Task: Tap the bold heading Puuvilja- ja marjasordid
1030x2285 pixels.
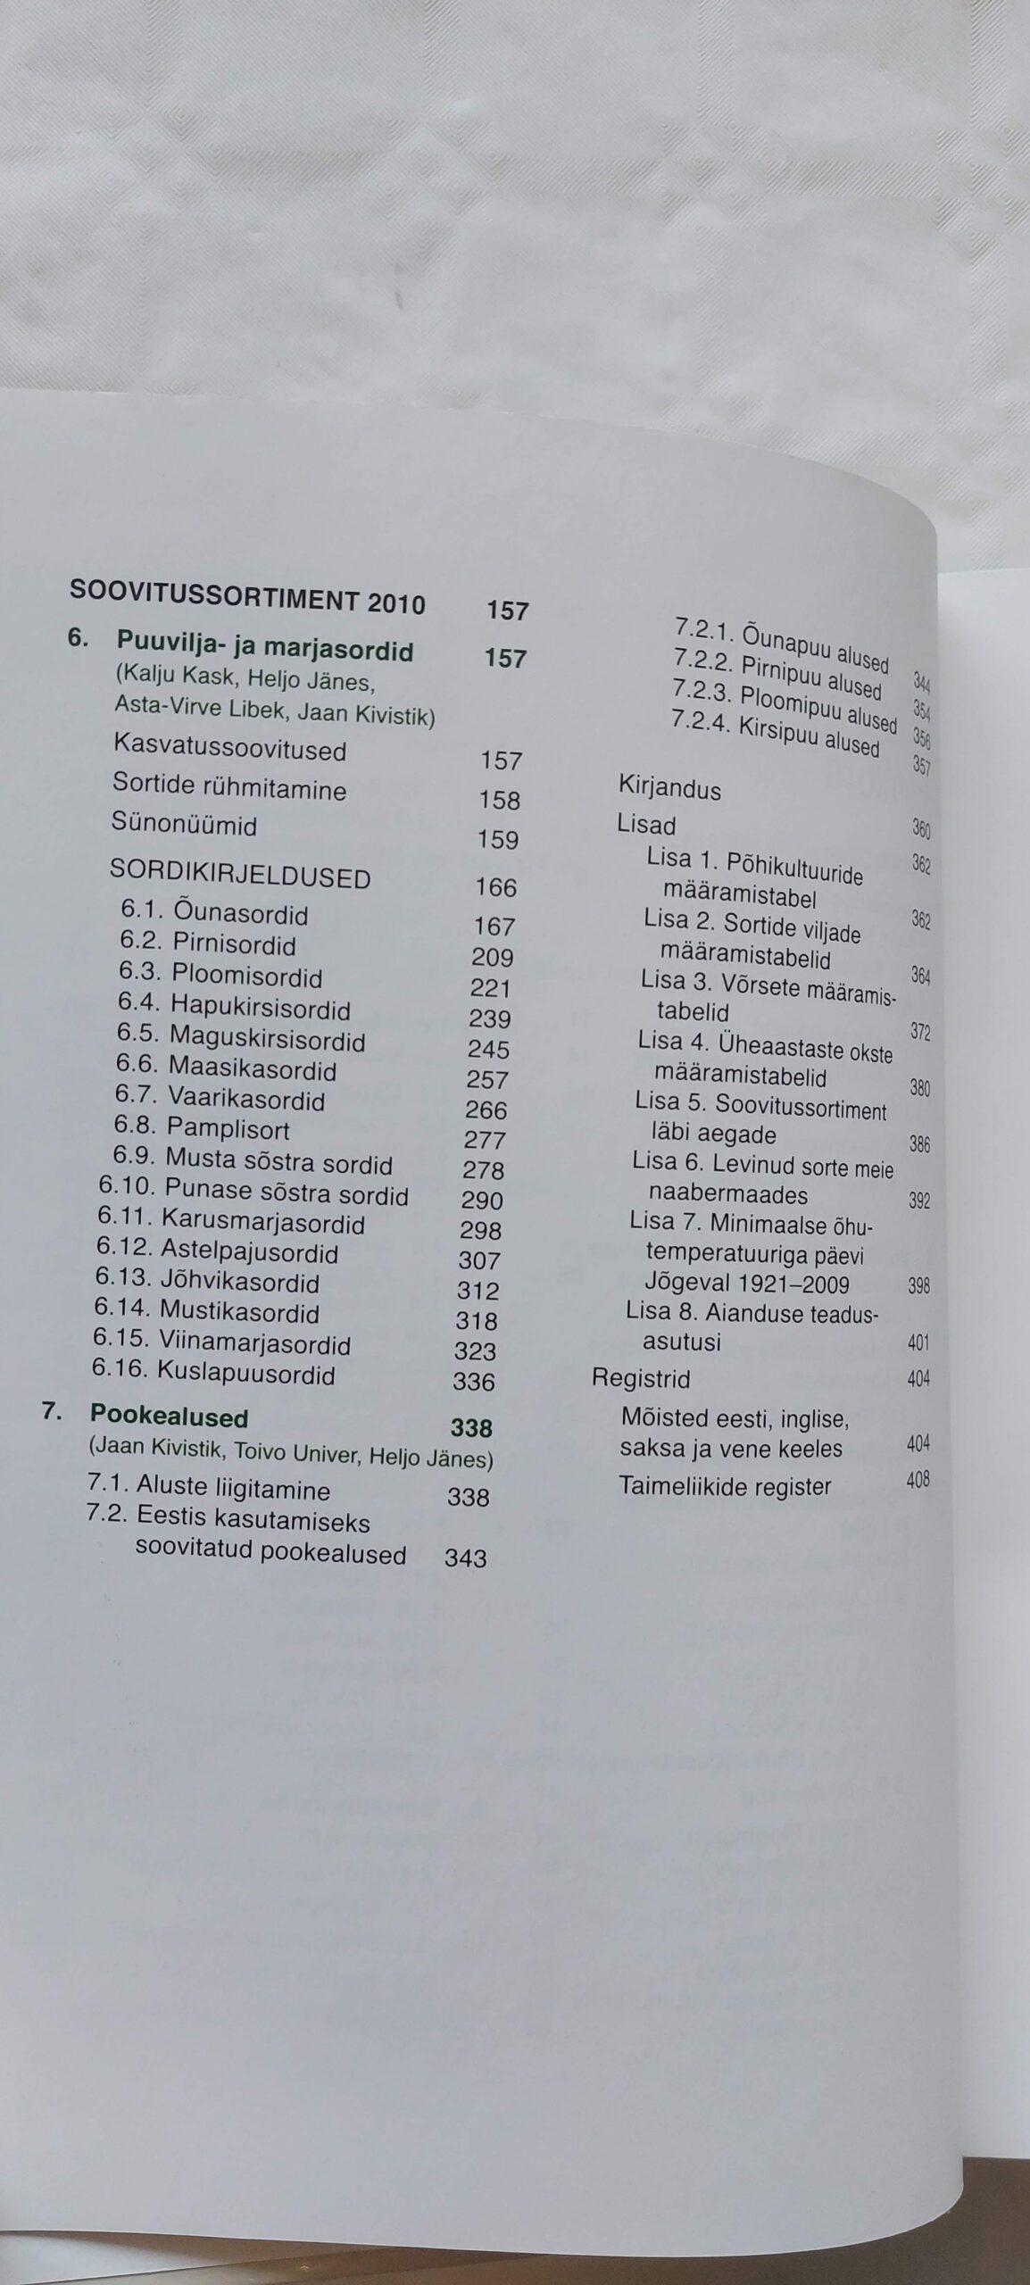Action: [x=265, y=645]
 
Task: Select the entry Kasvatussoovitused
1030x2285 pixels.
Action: [x=230, y=747]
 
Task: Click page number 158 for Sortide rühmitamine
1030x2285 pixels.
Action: [x=499, y=800]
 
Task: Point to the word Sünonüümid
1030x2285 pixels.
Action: [x=184, y=823]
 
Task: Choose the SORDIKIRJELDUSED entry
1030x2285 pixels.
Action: [x=239, y=875]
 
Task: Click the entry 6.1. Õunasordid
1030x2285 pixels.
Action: [x=214, y=912]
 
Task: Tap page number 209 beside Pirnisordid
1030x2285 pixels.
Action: [x=492, y=958]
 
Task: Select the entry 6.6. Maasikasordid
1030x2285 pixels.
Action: [x=226, y=1067]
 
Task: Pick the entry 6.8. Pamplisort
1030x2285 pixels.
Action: [x=202, y=1129]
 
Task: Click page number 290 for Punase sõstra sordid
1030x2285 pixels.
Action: [x=482, y=1200]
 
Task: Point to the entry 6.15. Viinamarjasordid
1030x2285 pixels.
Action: [x=221, y=1342]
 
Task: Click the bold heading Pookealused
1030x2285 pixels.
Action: [x=169, y=1416]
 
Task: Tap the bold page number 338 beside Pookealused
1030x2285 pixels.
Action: [x=471, y=1428]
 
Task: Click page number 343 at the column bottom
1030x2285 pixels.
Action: [x=465, y=1558]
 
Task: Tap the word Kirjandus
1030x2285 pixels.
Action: [x=669, y=789]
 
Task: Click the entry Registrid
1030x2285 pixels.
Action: [x=641, y=1378]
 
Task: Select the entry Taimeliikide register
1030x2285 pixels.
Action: [x=725, y=1486]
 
